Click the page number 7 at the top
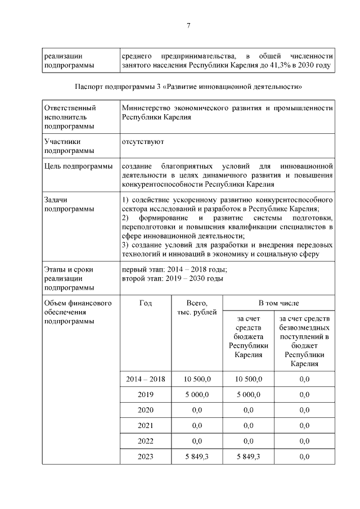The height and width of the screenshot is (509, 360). pyautogui.click(x=189, y=25)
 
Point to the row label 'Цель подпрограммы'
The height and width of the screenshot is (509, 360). pyautogui.click(x=75, y=166)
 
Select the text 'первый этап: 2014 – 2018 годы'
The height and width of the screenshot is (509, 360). pyautogui.click(x=174, y=269)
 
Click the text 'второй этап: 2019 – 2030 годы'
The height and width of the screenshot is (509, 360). pyautogui.click(x=173, y=278)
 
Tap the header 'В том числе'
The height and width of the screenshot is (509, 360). pyautogui.click(x=278, y=304)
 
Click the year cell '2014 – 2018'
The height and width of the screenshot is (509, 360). pyautogui.click(x=146, y=379)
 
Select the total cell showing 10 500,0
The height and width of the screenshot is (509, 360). pyautogui.click(x=196, y=379)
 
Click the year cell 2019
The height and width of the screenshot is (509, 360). pyautogui.click(x=146, y=395)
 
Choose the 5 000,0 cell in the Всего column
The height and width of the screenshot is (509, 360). pyautogui.click(x=196, y=395)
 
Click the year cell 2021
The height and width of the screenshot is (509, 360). pyautogui.click(x=146, y=426)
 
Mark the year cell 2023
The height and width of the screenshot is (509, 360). pyautogui.click(x=146, y=457)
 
